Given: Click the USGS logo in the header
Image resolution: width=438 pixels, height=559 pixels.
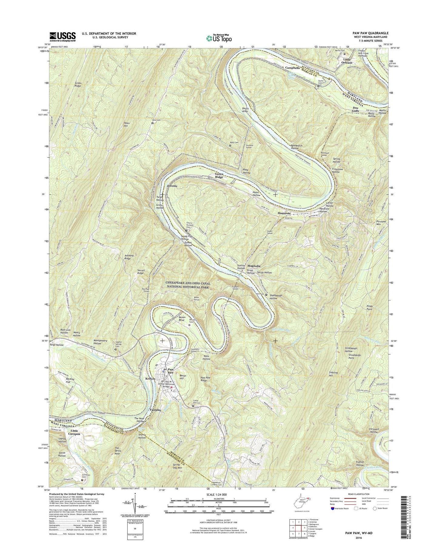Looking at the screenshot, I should point(63,37).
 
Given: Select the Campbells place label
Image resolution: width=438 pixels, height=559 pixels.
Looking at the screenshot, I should point(292,68).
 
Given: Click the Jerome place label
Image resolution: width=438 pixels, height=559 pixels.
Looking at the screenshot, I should point(172,186).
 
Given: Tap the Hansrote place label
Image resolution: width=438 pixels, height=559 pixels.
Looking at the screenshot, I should point(284,213).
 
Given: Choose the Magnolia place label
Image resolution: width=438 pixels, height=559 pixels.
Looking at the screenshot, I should point(254,266).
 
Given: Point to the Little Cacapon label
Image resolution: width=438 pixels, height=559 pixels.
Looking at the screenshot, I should point(74,432).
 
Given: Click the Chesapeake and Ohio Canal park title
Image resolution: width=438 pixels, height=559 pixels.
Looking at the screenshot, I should point(188,285).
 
